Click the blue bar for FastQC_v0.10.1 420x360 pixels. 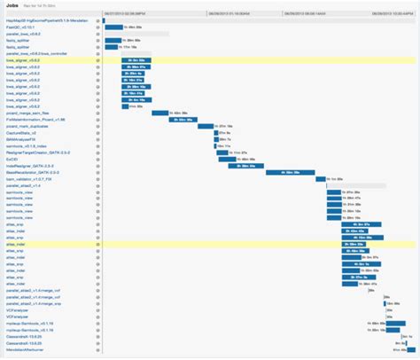(x=113, y=27)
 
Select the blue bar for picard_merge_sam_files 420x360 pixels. (x=160, y=113)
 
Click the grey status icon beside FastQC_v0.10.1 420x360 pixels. (x=98, y=27)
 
